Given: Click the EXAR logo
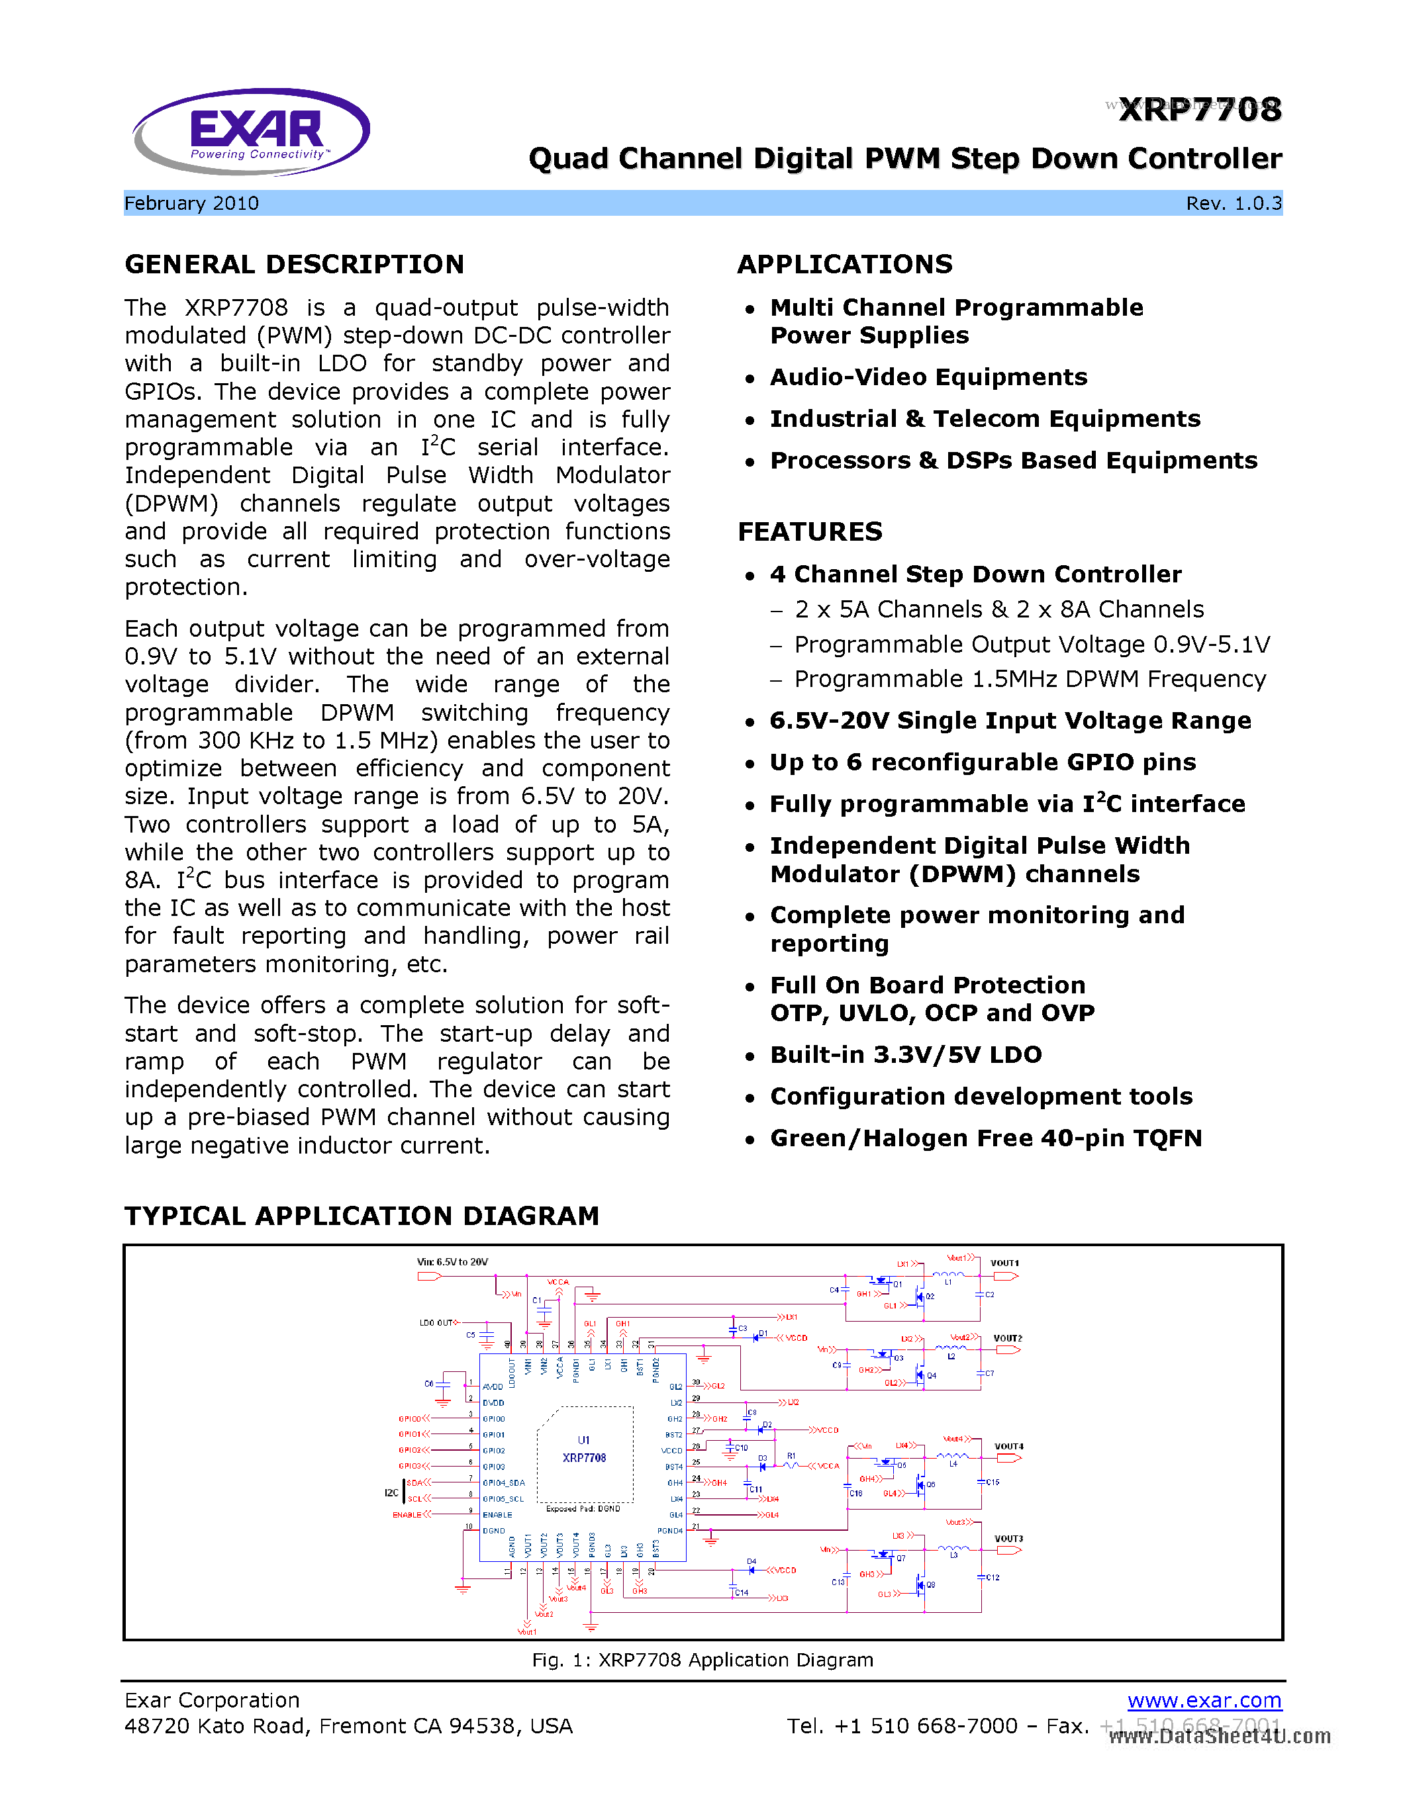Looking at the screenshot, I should point(251,132).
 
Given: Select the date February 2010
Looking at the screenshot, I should point(192,203).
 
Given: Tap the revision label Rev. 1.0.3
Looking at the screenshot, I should point(1234,203).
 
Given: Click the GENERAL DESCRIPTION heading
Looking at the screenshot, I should point(294,264).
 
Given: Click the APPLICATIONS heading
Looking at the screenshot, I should point(844,264).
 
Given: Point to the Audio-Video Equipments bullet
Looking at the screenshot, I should point(928,377).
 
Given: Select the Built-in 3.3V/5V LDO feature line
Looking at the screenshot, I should point(905,1054).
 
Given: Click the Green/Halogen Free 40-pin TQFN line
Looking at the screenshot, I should point(985,1138).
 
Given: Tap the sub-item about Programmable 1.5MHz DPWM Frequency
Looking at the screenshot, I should point(1030,679).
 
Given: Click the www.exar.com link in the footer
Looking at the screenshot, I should point(1204,1700).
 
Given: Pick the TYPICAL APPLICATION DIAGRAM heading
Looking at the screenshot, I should point(362,1216).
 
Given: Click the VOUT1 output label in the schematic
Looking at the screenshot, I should point(1004,1263).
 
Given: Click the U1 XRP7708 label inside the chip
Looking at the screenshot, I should point(583,1450).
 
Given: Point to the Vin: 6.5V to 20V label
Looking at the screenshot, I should point(452,1261).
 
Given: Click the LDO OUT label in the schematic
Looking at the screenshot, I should point(436,1322).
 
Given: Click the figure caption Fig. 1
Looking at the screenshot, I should point(702,1660).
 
